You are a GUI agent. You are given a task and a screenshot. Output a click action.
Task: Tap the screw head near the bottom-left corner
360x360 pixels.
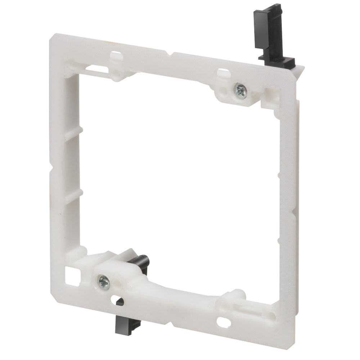tap(103, 280)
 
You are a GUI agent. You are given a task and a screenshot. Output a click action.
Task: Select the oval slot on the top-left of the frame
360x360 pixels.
tap(116, 55)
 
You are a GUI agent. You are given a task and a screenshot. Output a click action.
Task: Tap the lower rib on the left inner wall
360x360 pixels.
tap(74, 196)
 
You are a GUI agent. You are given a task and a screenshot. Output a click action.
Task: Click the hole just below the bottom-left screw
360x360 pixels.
tap(116, 299)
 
